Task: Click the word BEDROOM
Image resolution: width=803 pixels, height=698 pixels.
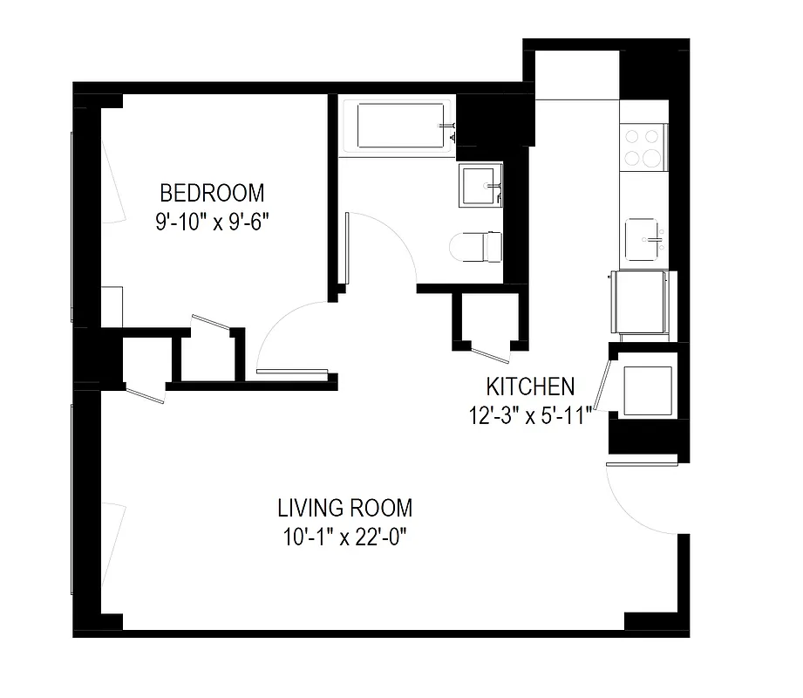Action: coord(211,192)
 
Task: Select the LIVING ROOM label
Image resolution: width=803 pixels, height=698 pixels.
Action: coord(344,507)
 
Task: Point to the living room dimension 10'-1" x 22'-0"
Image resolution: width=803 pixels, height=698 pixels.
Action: coord(345,537)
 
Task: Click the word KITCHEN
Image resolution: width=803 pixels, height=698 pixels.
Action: coord(530,386)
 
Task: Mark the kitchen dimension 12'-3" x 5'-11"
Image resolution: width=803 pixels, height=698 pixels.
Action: coord(530,414)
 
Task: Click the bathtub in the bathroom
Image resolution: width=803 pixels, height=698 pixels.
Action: coord(397,127)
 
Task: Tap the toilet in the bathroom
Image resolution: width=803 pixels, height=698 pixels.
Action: coord(476,246)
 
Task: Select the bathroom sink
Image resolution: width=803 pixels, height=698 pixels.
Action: coord(480,184)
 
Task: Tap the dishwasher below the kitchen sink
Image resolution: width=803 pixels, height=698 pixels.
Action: coord(642,302)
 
